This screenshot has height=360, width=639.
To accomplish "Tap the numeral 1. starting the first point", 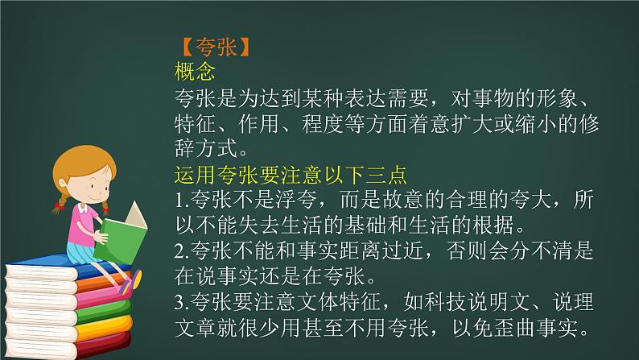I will pyautogui.click(x=180, y=198).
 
